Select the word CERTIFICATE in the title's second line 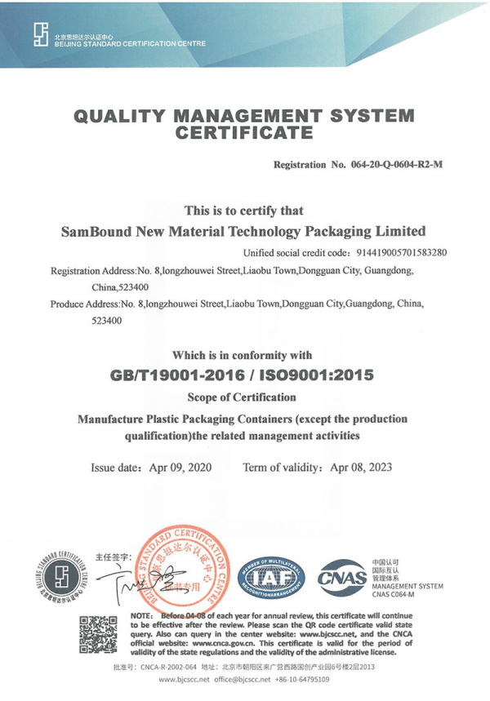tap(245, 131)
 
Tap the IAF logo tap(269, 576)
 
